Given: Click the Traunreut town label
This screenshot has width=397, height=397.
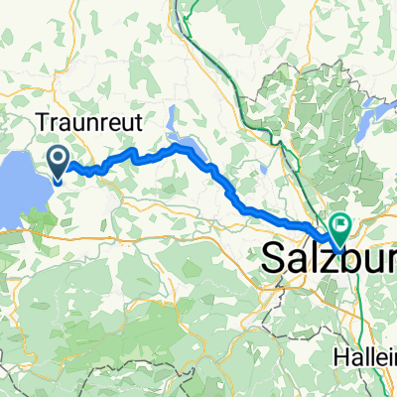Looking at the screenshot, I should (x=92, y=123).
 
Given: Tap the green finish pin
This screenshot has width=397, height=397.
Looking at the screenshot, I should (x=340, y=228).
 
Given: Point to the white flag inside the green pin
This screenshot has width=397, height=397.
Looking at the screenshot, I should (x=340, y=224).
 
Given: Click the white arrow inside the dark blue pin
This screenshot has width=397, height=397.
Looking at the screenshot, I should (x=58, y=157).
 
